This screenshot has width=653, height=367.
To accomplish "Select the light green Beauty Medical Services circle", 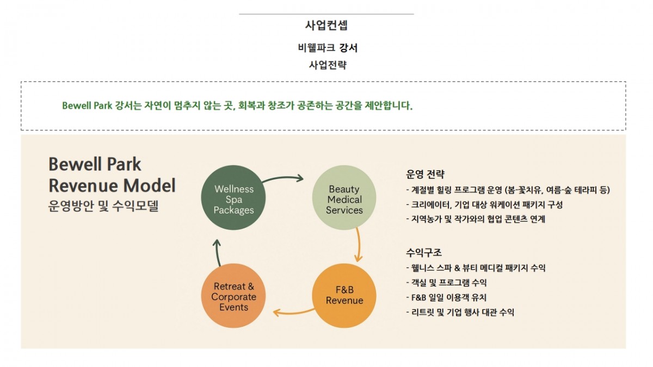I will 344,199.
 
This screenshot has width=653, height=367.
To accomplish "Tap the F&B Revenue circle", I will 344,295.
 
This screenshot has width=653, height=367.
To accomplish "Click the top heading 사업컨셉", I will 326,25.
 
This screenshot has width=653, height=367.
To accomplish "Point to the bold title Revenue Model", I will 112,185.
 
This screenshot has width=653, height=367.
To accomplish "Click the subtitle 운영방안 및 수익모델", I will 103,206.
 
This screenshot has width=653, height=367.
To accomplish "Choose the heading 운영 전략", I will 426,175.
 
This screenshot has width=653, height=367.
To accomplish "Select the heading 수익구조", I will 424,253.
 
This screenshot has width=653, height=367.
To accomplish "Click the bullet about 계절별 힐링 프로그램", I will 508,190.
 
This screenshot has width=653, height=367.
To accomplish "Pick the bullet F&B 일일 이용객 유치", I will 446,297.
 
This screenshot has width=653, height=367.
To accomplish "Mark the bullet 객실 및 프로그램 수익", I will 446,283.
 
